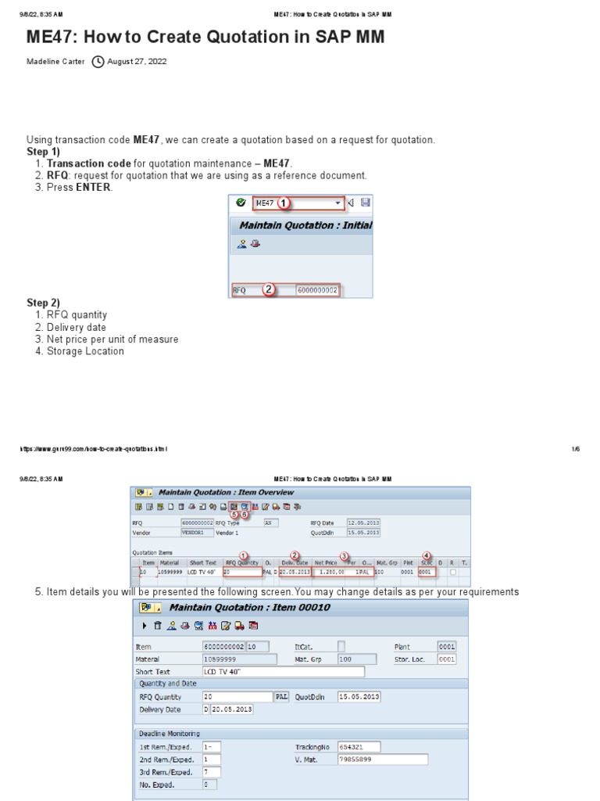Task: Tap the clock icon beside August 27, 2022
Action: coord(98,61)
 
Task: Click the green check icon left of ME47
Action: coord(241,203)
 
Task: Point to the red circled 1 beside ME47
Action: coord(284,203)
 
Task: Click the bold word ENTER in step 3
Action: coord(94,187)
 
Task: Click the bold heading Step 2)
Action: coord(44,303)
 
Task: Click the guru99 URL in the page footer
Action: coord(93,449)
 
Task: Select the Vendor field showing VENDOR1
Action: coord(197,532)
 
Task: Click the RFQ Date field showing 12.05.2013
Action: coord(363,522)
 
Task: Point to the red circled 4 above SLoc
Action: coord(427,555)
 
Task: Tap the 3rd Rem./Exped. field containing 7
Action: coord(211,771)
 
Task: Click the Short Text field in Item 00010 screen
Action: coord(283,671)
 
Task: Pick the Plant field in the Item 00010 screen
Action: coord(446,647)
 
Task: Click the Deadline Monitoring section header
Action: coord(169,733)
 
